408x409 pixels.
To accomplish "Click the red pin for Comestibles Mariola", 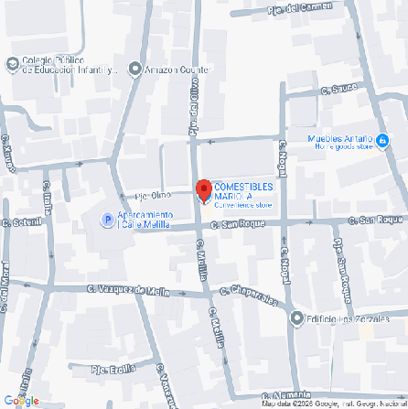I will tap(203, 190).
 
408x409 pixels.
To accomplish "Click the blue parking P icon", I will tap(107, 220).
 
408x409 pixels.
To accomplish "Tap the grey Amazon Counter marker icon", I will tap(135, 69).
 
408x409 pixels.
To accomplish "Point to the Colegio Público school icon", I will tap(12, 64).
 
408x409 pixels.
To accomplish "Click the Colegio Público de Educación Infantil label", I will tap(70, 65).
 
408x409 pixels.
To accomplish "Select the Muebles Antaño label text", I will tap(341, 141).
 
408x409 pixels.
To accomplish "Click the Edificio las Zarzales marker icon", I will tap(296, 318).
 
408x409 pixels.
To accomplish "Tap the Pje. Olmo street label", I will tap(153, 196).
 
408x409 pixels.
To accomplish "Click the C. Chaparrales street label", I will tap(248, 295).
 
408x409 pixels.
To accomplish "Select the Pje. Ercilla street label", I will tap(113, 369).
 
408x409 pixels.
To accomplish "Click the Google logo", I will tap(21, 400).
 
